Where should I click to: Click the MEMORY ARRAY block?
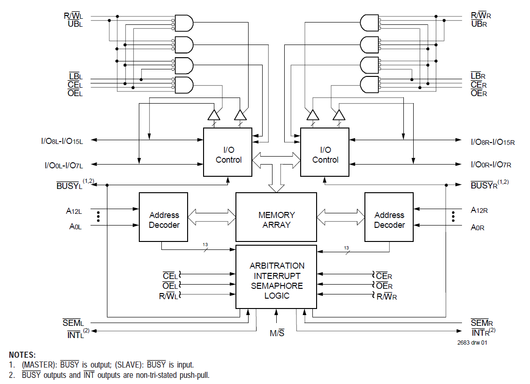point(276,220)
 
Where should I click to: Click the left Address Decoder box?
point(164,220)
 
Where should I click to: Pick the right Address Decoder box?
point(389,220)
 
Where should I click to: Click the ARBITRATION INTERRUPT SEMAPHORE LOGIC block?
point(276,280)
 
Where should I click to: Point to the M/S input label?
point(277,333)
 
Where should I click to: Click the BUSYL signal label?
point(69,185)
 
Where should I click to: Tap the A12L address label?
point(74,211)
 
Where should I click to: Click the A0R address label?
point(478,228)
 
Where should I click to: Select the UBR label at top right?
point(479,24)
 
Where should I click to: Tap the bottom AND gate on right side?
point(370,85)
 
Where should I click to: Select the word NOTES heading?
point(22,355)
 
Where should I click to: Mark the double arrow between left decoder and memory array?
point(212,217)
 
